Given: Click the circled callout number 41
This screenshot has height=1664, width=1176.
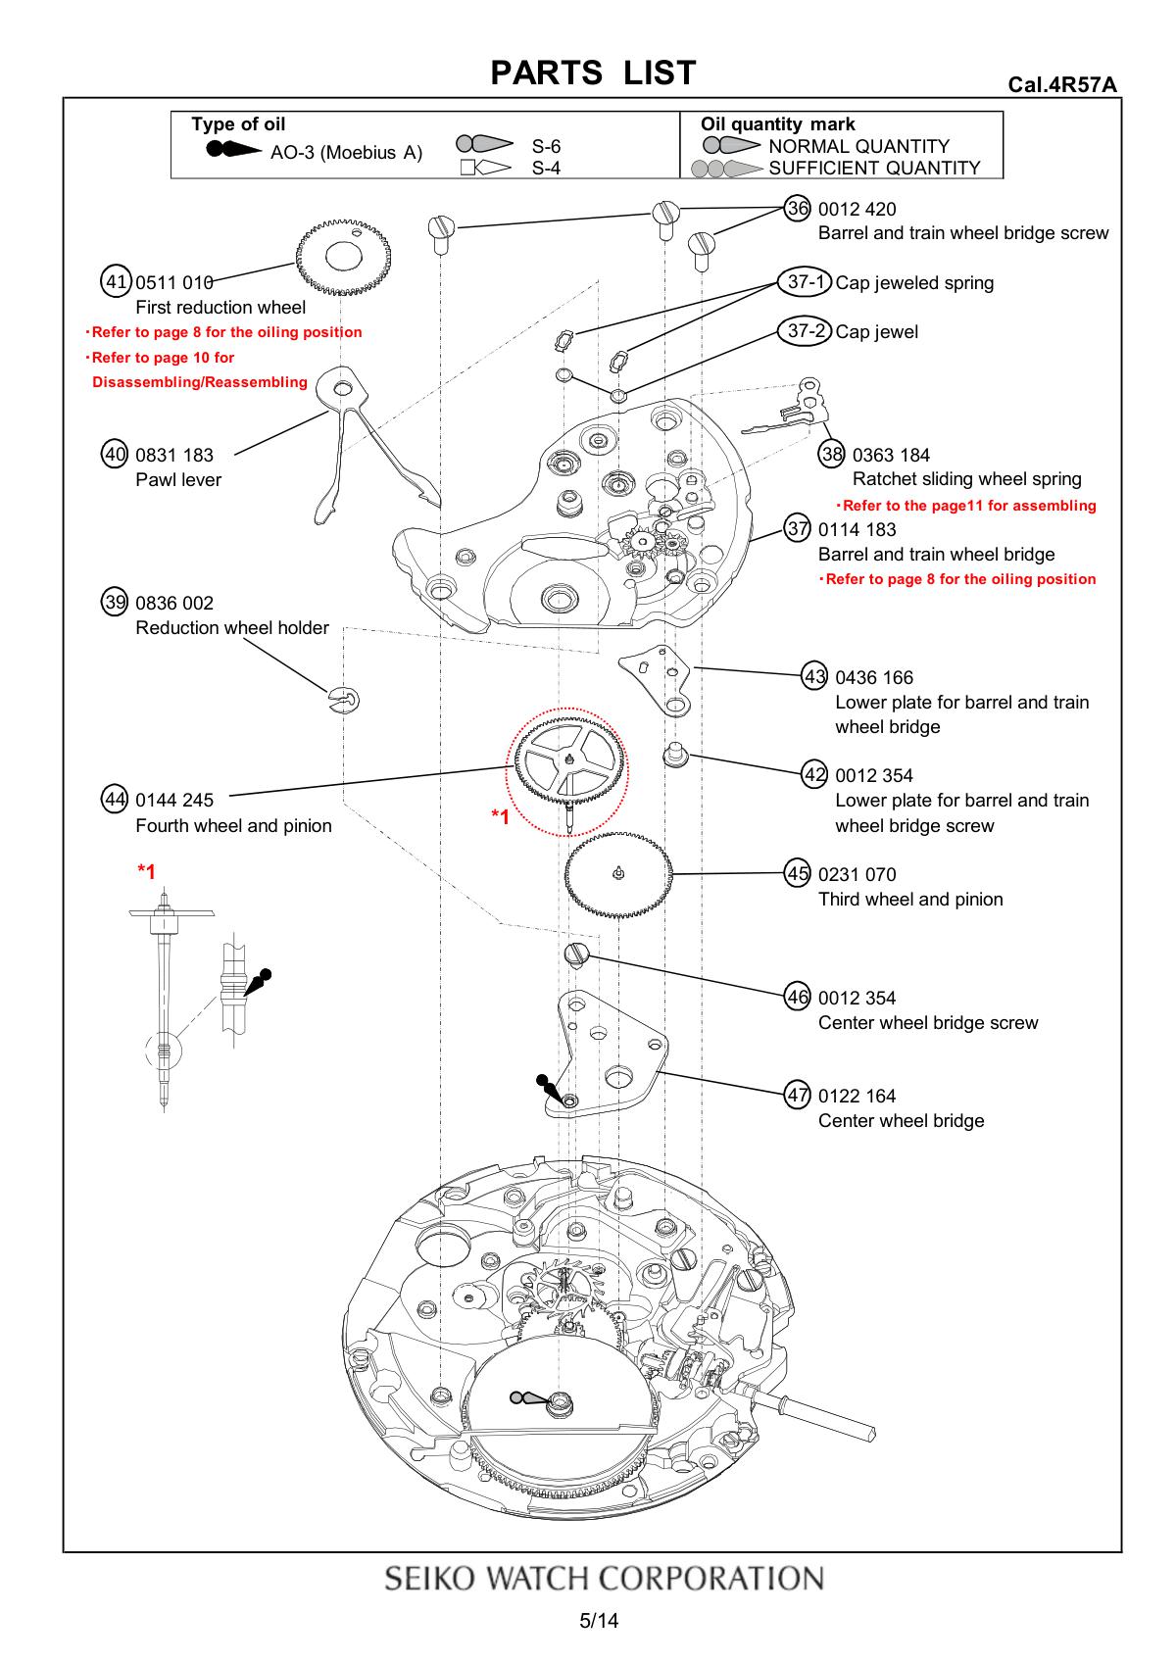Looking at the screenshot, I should (117, 282).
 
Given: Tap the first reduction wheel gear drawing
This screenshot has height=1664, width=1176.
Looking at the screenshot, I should (344, 255).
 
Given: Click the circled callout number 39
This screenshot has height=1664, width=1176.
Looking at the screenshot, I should (117, 603).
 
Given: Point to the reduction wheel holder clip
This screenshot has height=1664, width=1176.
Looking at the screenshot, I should (345, 700).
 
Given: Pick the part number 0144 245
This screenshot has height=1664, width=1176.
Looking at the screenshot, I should (174, 800).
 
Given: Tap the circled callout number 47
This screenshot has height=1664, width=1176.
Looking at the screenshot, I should (799, 1096).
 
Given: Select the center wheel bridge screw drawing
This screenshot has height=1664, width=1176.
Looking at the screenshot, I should (576, 954).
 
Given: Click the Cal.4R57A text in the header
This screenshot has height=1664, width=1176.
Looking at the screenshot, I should (1062, 84).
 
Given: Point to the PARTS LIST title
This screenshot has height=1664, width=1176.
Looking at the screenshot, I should (593, 73).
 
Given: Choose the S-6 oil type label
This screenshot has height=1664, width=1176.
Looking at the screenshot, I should (546, 146).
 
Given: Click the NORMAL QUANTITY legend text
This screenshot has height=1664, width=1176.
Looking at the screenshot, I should (858, 146).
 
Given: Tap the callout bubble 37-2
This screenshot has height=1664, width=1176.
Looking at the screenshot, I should (806, 331).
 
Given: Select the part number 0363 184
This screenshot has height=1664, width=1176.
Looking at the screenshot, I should (891, 455).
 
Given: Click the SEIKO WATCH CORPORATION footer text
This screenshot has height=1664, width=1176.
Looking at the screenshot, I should (604, 1579).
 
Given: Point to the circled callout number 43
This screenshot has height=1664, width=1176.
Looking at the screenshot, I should (815, 677).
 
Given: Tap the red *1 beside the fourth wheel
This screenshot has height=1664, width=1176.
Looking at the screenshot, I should (500, 816).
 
